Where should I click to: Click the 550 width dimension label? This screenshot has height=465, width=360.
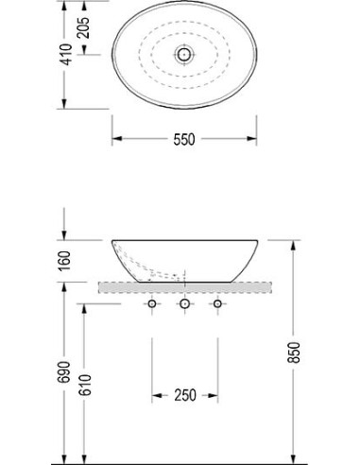tap(183, 139)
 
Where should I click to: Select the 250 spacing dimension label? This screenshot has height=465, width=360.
tap(184, 395)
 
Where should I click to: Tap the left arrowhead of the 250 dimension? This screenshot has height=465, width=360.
tap(154, 395)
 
